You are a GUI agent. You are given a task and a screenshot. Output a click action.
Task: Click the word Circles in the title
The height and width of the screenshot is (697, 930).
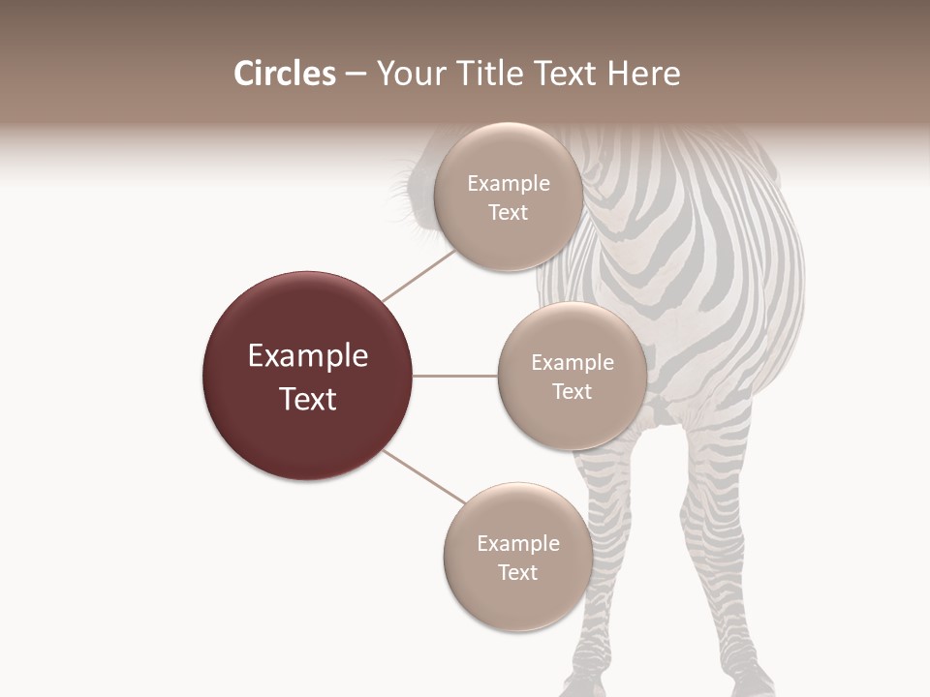tap(284, 74)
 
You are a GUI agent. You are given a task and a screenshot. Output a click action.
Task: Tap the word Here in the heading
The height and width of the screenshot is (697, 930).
tap(645, 74)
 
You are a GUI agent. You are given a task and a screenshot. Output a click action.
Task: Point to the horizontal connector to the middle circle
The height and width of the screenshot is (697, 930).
tap(454, 376)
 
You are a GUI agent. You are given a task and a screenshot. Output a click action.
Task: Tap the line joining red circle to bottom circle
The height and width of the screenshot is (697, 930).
tap(424, 478)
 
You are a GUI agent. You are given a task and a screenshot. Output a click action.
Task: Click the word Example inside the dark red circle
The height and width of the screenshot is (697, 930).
tap(308, 356)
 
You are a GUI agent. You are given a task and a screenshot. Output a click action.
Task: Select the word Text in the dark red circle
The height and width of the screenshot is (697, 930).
tap(308, 399)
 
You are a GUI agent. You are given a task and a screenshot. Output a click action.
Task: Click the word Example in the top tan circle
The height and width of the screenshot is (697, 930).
tap(509, 184)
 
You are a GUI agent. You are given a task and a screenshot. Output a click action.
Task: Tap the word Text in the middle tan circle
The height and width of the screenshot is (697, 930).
tap(572, 392)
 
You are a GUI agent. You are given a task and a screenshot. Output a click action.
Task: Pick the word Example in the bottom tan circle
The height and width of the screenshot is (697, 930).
tap(518, 544)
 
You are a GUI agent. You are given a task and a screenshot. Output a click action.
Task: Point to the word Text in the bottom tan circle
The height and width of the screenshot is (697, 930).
tap(517, 573)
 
